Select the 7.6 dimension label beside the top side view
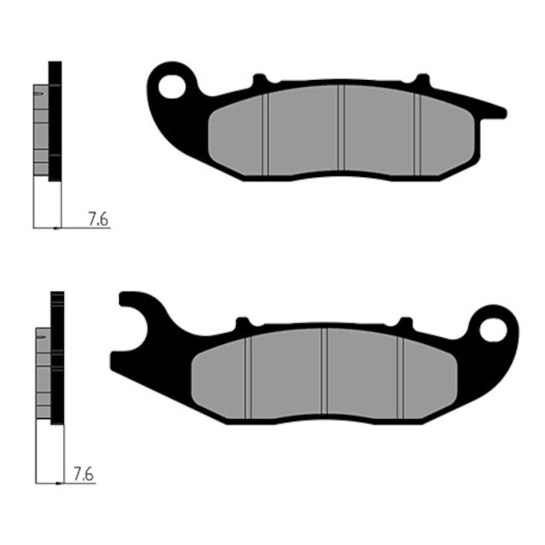coord(97,220)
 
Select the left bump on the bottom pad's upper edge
coord(243,323)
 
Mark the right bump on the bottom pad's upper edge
coord(405,323)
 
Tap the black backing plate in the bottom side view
coord(58,358)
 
